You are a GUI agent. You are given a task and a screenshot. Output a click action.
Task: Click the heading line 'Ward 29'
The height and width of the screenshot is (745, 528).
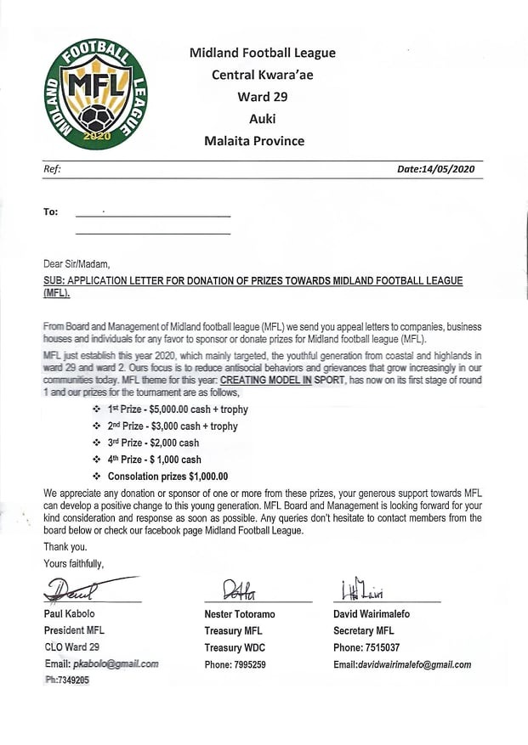[262, 97]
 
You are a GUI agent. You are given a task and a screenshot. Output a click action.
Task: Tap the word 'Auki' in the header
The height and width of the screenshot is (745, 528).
[262, 119]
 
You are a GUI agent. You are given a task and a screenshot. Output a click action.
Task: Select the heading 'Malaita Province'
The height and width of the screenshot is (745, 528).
[254, 141]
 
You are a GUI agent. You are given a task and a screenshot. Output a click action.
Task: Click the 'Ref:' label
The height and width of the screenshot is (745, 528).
[52, 169]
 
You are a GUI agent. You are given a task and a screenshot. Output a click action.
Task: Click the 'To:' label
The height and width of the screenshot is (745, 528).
[51, 212]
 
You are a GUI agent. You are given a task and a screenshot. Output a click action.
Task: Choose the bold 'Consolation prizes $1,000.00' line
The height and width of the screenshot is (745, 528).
[166, 477]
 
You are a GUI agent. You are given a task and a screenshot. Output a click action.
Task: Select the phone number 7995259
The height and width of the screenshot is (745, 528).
[247, 664]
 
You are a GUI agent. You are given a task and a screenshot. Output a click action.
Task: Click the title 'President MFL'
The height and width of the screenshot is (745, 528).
[76, 631]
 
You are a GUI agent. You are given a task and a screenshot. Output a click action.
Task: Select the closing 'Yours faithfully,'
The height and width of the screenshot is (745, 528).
[73, 563]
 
